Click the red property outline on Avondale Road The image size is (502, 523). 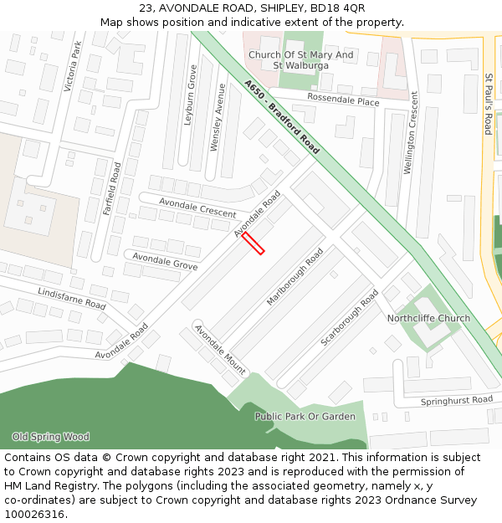tap(254, 244)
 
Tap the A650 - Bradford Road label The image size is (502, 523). tap(282, 117)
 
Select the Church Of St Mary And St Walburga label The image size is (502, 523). tap(301, 60)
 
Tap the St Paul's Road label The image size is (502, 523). tap(488, 104)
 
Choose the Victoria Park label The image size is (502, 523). tap(73, 66)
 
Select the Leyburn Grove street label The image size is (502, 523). tap(190, 95)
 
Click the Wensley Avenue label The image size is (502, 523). tap(218, 117)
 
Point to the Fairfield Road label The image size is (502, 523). tap(112, 188)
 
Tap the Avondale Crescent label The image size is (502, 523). tap(197, 208)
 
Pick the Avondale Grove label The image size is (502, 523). tap(165, 261)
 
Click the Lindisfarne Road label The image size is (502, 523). tap(72, 298)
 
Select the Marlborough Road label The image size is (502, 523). tap(295, 276)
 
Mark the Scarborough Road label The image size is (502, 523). tap(350, 318)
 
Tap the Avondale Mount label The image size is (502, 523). tap(220, 348)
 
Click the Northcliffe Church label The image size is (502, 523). tap(428, 318)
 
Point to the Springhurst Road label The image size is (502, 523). tap(457, 400)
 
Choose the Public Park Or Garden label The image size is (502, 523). tap(305, 416)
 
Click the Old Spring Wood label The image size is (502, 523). tap(50, 437)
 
